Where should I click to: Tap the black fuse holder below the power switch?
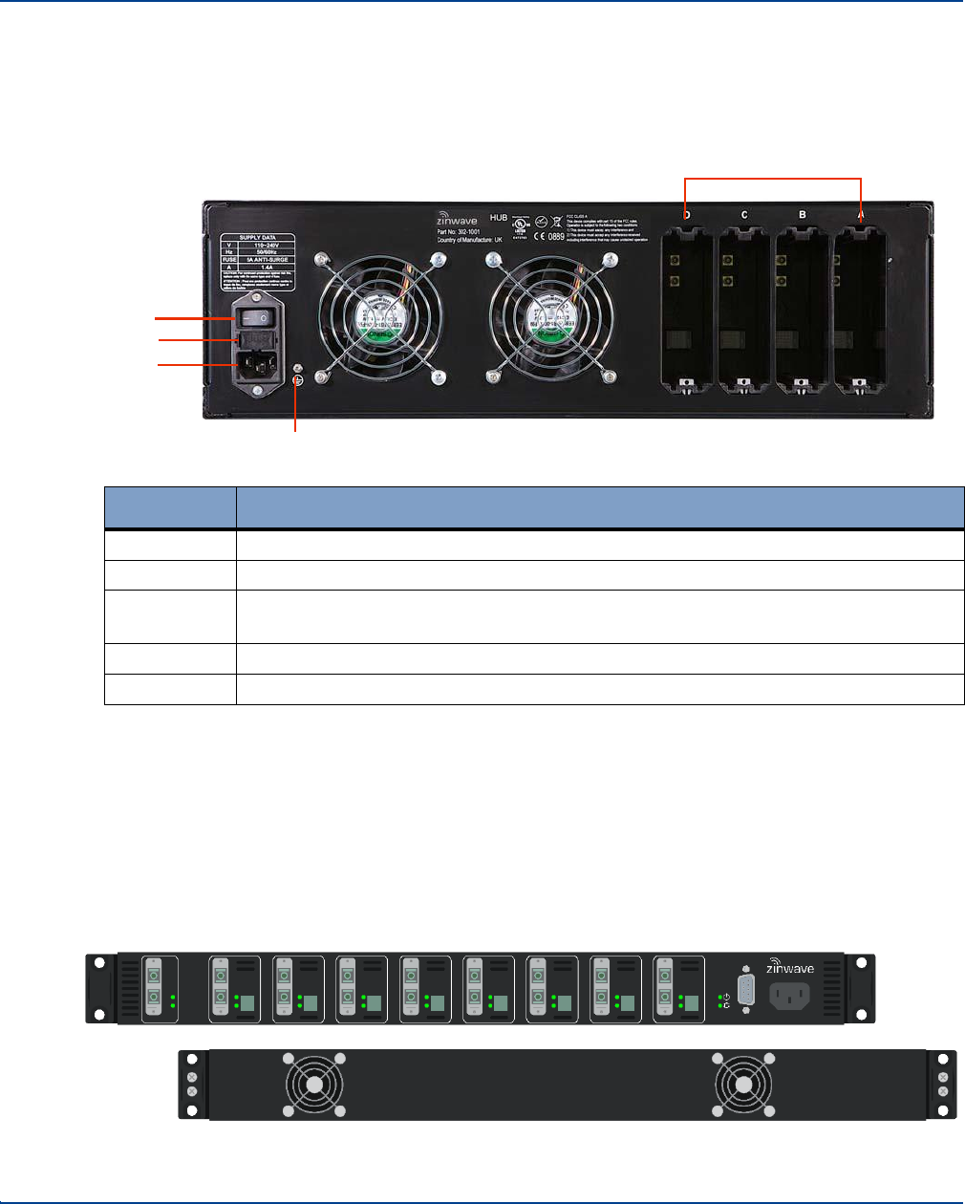pyautogui.click(x=255, y=339)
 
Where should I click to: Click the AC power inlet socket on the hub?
pyautogui.click(x=255, y=363)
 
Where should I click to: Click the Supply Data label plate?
pyautogui.click(x=255, y=262)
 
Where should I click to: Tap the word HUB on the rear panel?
pyautogui.click(x=498, y=217)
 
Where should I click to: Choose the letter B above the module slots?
pyautogui.click(x=803, y=215)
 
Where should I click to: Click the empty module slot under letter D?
pyautogui.click(x=687, y=311)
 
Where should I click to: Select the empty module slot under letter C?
pyautogui.click(x=744, y=311)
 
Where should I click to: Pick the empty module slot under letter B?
pyautogui.click(x=803, y=311)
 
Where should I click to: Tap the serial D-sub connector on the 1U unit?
pyautogui.click(x=746, y=994)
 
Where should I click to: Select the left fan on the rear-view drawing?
pyautogui.click(x=315, y=1085)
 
